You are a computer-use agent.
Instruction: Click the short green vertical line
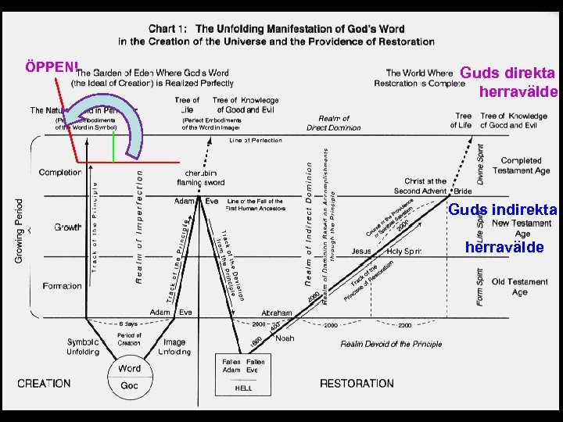tap(113, 147)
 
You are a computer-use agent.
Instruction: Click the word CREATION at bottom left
tap(44, 384)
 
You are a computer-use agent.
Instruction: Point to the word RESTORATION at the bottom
tap(357, 384)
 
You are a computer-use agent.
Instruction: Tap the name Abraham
tap(277, 313)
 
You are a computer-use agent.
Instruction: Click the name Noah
tap(285, 338)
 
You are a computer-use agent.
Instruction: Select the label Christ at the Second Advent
tap(420, 186)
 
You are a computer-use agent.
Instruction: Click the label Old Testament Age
tap(519, 287)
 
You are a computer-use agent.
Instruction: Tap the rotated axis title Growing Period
tap(19, 230)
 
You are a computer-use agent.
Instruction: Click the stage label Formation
tap(62, 286)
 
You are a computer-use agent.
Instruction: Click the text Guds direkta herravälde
tap(510, 82)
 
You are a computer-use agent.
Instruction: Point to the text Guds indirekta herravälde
tap(503, 228)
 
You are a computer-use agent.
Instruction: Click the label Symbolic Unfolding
tap(82, 347)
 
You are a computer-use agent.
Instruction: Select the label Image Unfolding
tap(174, 347)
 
